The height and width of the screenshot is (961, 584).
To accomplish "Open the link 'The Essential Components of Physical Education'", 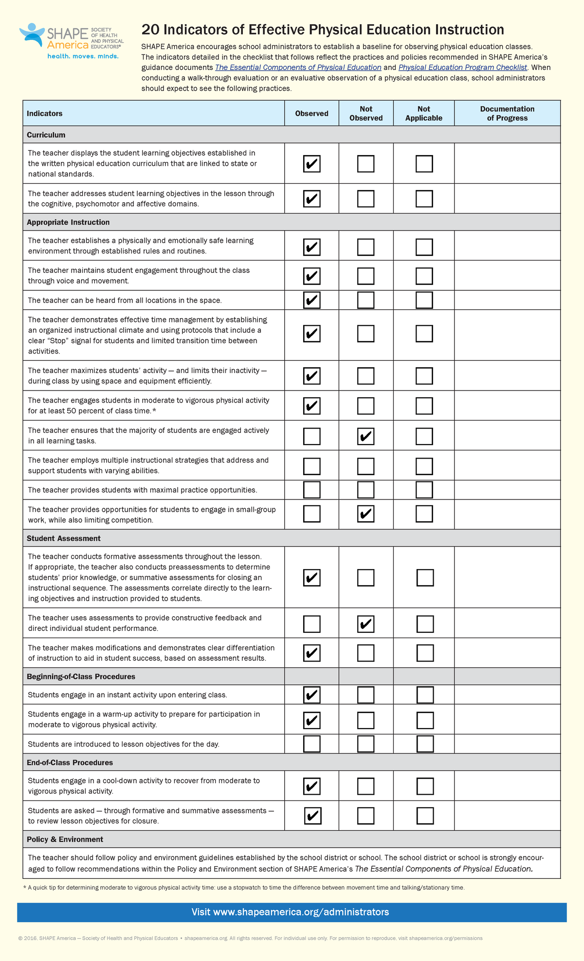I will pyautogui.click(x=298, y=68).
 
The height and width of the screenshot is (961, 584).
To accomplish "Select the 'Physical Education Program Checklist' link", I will pyautogui.click(x=462, y=68).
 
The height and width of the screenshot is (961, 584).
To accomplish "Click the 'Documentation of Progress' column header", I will pyautogui.click(x=507, y=113).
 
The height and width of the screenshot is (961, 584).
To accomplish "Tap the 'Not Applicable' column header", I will pyautogui.click(x=423, y=113).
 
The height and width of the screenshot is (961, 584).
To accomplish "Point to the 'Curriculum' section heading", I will pyautogui.click(x=46, y=135).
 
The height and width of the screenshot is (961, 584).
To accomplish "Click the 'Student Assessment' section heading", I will pyautogui.click(x=64, y=538).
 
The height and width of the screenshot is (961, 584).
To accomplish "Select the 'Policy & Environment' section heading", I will pyautogui.click(x=65, y=839).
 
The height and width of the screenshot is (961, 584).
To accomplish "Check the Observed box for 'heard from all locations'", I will pyautogui.click(x=311, y=300).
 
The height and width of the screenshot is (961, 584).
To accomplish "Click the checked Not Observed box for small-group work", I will pyautogui.click(x=366, y=514).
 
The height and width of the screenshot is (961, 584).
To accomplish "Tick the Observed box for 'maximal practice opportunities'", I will pyautogui.click(x=311, y=490).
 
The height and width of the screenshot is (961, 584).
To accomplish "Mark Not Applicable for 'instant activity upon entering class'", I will pyautogui.click(x=425, y=695).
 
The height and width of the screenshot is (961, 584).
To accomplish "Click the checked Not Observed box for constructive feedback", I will pyautogui.click(x=366, y=624).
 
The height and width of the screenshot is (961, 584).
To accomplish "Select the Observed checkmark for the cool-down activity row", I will pyautogui.click(x=311, y=786).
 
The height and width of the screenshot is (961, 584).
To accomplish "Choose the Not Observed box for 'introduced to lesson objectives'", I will pyautogui.click(x=366, y=744).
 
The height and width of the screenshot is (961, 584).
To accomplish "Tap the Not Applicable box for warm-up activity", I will pyautogui.click(x=425, y=720).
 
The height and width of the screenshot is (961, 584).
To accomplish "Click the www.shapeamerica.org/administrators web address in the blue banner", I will pyautogui.click(x=301, y=912).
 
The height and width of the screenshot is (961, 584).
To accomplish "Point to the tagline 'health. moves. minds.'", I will pyautogui.click(x=83, y=56).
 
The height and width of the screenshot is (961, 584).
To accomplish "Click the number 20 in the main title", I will pyautogui.click(x=150, y=30).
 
